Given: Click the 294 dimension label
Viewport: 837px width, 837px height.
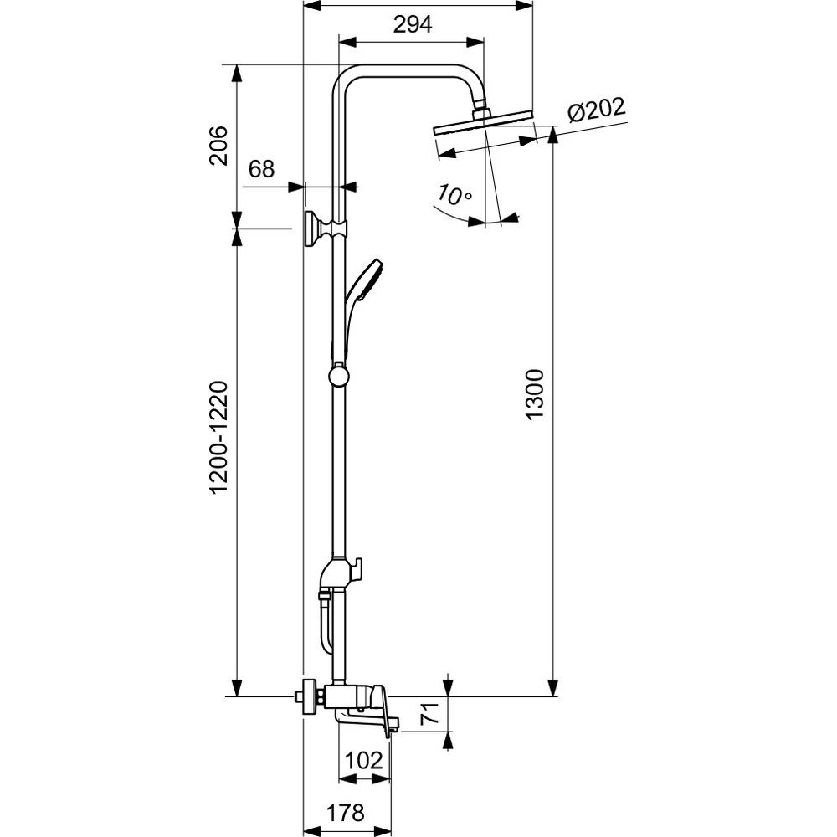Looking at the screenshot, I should click(413, 25).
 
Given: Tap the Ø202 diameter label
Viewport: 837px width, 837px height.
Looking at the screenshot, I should click(595, 110).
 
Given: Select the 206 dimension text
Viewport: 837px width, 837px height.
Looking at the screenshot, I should click(218, 146).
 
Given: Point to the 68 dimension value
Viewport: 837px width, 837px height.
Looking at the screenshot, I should click(261, 169).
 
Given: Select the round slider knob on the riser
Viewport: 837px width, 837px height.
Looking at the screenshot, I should click(338, 376).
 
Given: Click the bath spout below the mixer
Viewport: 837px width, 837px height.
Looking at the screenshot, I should click(360, 718).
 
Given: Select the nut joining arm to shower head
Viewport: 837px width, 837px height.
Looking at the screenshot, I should click(480, 108).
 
